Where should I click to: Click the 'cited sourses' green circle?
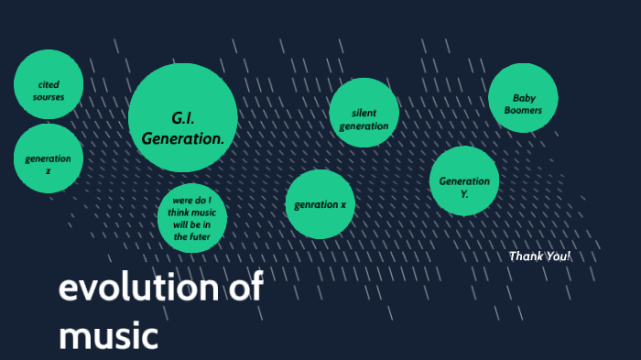tap(49, 83)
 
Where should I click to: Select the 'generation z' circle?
tap(49, 158)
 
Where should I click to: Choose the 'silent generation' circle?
tap(364, 113)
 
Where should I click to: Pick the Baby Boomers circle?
tap(523, 98)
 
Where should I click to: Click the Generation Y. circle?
tap(464, 180)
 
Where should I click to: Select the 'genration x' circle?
tap(320, 204)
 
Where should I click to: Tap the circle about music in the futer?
tap(192, 219)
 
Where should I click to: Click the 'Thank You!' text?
tap(539, 256)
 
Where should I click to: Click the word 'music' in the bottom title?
tap(108, 334)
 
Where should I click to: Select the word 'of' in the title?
tap(244, 289)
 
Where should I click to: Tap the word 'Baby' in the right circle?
tap(524, 98)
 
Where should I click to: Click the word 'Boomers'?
tap(523, 110)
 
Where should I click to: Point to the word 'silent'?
tap(364, 113)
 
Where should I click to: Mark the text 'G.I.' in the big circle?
tap(183, 118)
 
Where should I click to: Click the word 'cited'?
tap(49, 84)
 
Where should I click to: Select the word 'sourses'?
tap(49, 96)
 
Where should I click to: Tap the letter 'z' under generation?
tap(49, 171)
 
